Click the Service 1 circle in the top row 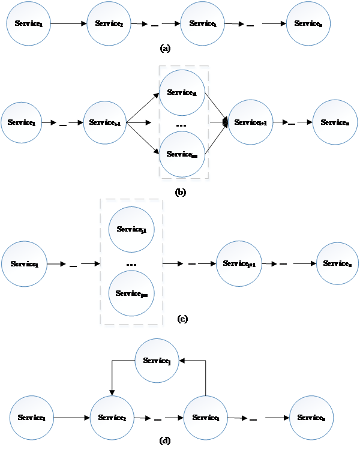pos(28,24)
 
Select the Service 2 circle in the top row pos(109,23)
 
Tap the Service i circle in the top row pos(203,23)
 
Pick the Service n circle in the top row pos(308,23)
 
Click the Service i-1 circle pos(106,122)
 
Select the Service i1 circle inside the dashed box pos(182,92)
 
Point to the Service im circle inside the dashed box pos(182,154)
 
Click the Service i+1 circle pos(251,122)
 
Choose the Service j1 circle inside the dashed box pos(131,229)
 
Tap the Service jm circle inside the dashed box pos(131,293)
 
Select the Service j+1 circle pos(239,263)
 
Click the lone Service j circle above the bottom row pos(157,361)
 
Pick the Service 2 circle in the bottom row pos(112,418)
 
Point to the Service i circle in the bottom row pos(206,418)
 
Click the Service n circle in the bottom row pos(311,418)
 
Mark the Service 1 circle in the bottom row pos(32,418)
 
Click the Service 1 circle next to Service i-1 pos(22,122)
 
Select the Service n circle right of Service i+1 pos(335,122)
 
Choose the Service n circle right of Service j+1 pos(338,263)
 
